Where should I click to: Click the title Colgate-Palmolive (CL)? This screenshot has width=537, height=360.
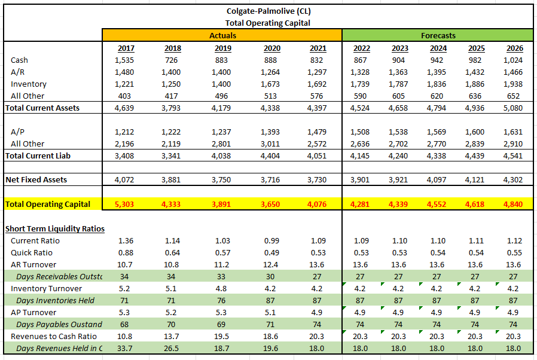pyautogui.click(x=268, y=11)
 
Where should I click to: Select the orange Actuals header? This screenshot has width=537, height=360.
pyautogui.click(x=222, y=35)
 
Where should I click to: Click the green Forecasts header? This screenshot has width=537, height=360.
pyautogui.click(x=438, y=35)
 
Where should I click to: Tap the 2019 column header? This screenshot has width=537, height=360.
pyautogui.click(x=222, y=48)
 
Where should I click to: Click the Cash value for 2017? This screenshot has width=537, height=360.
pyautogui.click(x=126, y=60)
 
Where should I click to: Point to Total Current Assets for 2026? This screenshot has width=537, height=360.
pyautogui.click(x=513, y=108)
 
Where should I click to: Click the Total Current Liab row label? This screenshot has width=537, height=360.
pyautogui.click(x=38, y=156)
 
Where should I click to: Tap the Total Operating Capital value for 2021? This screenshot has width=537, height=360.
pyautogui.click(x=318, y=205)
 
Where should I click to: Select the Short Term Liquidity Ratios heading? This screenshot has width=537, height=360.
pyautogui.click(x=55, y=228)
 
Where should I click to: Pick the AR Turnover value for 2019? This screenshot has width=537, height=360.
pyautogui.click(x=222, y=264)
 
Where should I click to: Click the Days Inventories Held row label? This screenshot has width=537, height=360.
pyautogui.click(x=55, y=300)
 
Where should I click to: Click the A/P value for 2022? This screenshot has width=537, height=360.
pyautogui.click(x=361, y=132)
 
